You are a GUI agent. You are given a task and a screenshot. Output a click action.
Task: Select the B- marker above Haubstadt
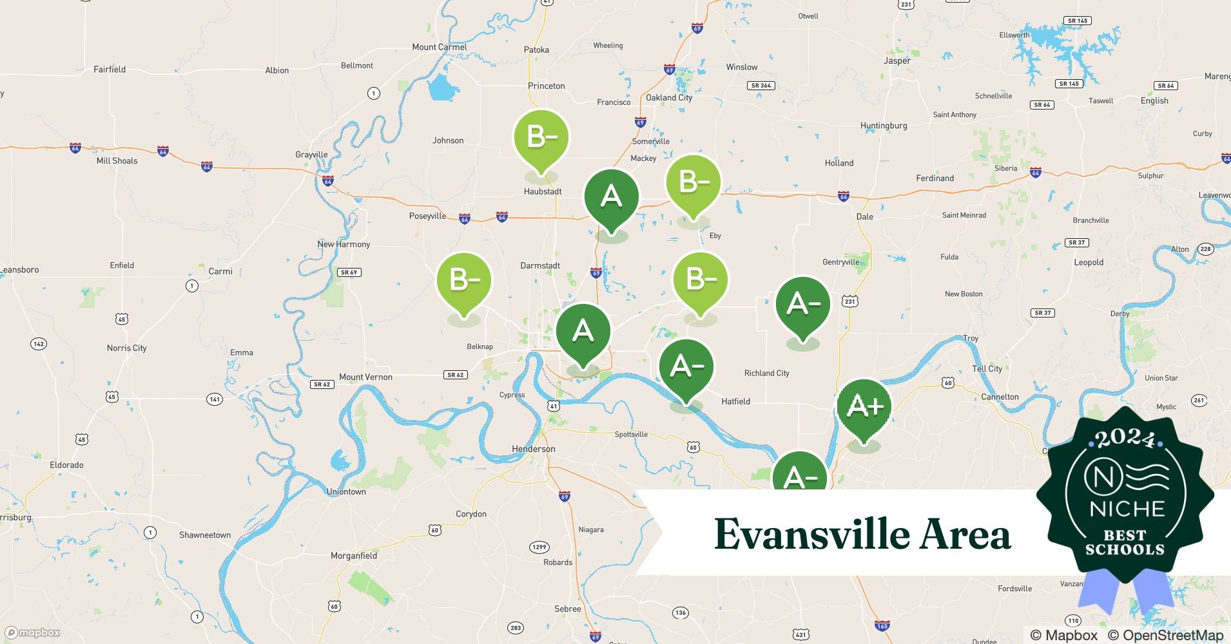541,138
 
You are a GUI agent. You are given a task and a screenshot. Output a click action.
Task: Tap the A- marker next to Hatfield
686,367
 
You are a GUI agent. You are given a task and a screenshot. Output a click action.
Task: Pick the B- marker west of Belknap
464,281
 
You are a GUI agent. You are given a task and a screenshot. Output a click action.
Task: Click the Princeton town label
546,86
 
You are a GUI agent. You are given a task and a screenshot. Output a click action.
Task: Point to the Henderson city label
533,449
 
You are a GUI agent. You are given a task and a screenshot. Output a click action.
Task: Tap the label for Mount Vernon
365,377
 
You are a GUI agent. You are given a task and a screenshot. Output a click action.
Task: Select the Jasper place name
897,61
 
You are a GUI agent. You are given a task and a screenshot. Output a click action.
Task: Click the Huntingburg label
884,126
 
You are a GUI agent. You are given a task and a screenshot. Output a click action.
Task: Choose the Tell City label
987,368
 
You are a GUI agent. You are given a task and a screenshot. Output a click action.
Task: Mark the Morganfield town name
353,555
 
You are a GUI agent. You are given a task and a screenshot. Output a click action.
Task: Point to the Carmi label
220,271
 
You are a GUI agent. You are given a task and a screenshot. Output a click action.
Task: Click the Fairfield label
110,69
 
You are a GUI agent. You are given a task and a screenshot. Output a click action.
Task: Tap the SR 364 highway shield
761,85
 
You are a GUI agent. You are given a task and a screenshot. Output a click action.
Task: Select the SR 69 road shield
349,272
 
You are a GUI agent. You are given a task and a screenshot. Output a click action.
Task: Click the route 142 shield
39,343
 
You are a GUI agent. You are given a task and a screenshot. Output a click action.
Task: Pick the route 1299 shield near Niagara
539,547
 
